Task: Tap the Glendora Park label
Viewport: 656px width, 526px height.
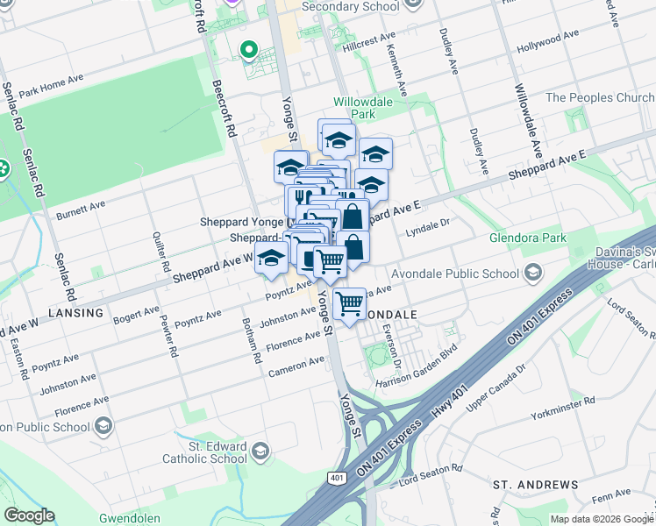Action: [x=531, y=238]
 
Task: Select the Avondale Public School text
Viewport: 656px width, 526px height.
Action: [x=454, y=274]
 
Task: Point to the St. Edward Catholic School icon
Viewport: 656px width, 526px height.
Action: [x=260, y=451]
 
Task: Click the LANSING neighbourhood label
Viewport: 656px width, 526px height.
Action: [x=75, y=313]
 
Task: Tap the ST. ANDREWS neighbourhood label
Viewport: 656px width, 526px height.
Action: [x=535, y=485]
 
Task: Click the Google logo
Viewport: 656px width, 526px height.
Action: [x=30, y=515]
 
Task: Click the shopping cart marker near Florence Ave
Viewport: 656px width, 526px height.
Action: [x=349, y=304]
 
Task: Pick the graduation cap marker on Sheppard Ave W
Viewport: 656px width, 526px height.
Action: [x=272, y=258]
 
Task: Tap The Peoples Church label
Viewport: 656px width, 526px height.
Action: [x=599, y=97]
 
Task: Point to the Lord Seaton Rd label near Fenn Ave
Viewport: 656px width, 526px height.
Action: [x=431, y=474]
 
